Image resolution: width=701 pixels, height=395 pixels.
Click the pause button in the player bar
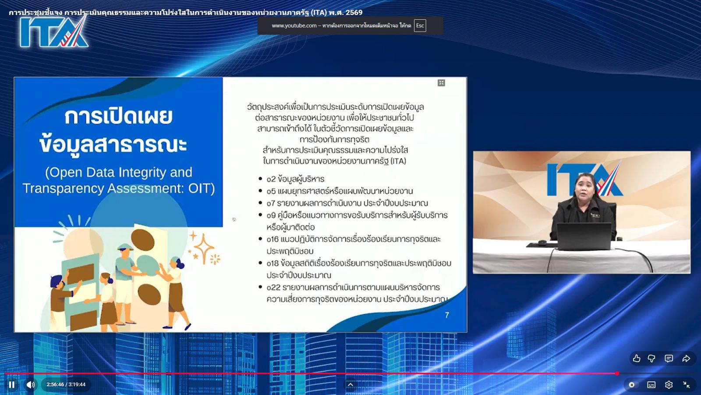tap(11, 384)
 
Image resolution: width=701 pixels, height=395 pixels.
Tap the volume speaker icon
tap(30, 384)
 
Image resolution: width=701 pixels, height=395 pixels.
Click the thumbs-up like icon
tap(636, 358)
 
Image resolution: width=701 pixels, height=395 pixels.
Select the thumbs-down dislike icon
tap(651, 358)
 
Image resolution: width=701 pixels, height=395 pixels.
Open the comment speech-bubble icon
tap(669, 358)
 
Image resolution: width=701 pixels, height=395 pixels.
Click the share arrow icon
tap(686, 358)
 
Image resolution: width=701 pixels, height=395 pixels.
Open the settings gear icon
tap(669, 384)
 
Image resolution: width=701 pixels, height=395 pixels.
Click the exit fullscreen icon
tap(686, 384)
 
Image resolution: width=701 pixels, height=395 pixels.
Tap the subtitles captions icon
tap(651, 384)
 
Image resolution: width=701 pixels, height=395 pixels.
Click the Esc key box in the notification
tap(420, 26)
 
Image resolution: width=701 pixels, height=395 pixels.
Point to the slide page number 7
tap(447, 315)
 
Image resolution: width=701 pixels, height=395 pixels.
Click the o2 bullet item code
tap(271, 179)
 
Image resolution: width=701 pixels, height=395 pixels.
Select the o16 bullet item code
tap(273, 239)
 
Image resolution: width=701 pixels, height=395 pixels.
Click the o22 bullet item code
tap(273, 287)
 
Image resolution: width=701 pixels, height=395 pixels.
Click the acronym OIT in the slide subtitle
tap(199, 188)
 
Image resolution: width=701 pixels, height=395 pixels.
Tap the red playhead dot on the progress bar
tap(617, 373)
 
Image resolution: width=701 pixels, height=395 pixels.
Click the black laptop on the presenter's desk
tap(584, 236)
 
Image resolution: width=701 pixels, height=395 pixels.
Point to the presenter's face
tap(585, 187)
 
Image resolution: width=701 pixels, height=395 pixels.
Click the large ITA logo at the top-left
tap(54, 32)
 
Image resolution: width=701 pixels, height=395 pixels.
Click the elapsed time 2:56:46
tap(55, 384)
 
